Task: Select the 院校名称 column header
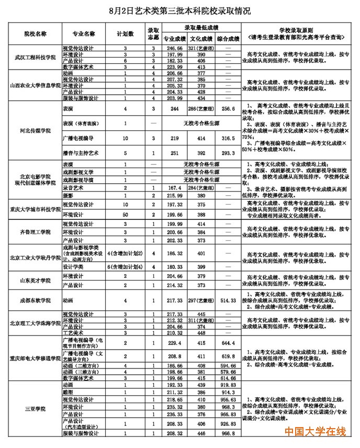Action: pyautogui.click(x=36, y=33)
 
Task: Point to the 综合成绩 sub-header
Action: pyautogui.click(x=228, y=38)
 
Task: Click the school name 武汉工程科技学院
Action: pyautogui.click(x=36, y=58)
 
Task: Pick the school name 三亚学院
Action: pyautogui.click(x=36, y=408)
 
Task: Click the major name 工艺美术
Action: pyautogui.click(x=72, y=333)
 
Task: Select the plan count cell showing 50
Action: pyautogui.click(x=126, y=215)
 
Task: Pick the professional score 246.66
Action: pyautogui.click(x=174, y=48)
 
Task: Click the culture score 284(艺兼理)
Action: pyautogui.click(x=201, y=187)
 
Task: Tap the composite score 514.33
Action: pyautogui.click(x=228, y=301)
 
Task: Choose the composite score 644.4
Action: pyautogui.click(x=228, y=343)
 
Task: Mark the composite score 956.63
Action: pyautogui.click(x=228, y=399)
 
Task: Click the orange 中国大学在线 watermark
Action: pyautogui.click(x=315, y=432)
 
